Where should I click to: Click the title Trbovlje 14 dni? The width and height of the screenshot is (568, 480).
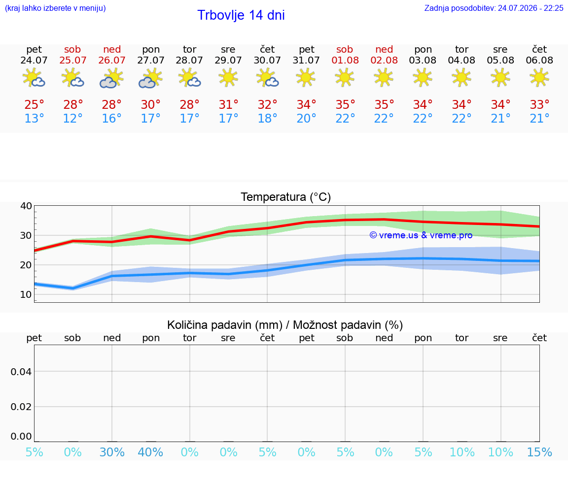pyautogui.click(x=241, y=15)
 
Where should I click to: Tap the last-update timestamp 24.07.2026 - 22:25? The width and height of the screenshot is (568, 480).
pyautogui.click(x=531, y=8)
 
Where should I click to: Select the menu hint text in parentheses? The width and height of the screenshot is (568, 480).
pyautogui.click(x=55, y=8)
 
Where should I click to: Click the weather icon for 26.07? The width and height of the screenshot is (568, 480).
pyautogui.click(x=111, y=78)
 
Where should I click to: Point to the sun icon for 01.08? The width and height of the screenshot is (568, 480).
pyautogui.click(x=345, y=78)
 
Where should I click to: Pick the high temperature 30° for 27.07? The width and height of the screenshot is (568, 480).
pyautogui.click(x=151, y=104)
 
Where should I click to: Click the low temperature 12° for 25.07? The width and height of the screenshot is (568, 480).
pyautogui.click(x=73, y=118)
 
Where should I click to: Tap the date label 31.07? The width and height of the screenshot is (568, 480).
pyautogui.click(x=306, y=60)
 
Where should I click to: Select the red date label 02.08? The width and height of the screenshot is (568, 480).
pyautogui.click(x=384, y=60)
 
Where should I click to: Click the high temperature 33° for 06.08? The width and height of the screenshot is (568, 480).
pyautogui.click(x=540, y=104)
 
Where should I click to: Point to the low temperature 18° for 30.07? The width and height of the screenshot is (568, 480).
pyautogui.click(x=267, y=118)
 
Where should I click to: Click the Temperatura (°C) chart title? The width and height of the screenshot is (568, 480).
pyautogui.click(x=286, y=197)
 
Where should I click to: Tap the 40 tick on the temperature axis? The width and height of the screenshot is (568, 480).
pyautogui.click(x=26, y=206)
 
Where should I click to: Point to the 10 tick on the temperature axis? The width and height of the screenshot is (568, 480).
pyautogui.click(x=26, y=294)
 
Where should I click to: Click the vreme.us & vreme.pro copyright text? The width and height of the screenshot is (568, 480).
pyautogui.click(x=421, y=235)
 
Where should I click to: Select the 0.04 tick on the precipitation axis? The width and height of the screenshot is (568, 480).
pyautogui.click(x=21, y=372)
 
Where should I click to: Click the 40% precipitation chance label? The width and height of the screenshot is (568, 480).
pyautogui.click(x=151, y=452)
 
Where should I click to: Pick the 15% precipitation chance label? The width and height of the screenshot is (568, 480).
pyautogui.click(x=539, y=452)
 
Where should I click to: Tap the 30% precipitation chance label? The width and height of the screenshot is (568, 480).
pyautogui.click(x=112, y=452)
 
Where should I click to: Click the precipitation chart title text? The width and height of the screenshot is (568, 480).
pyautogui.click(x=285, y=325)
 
